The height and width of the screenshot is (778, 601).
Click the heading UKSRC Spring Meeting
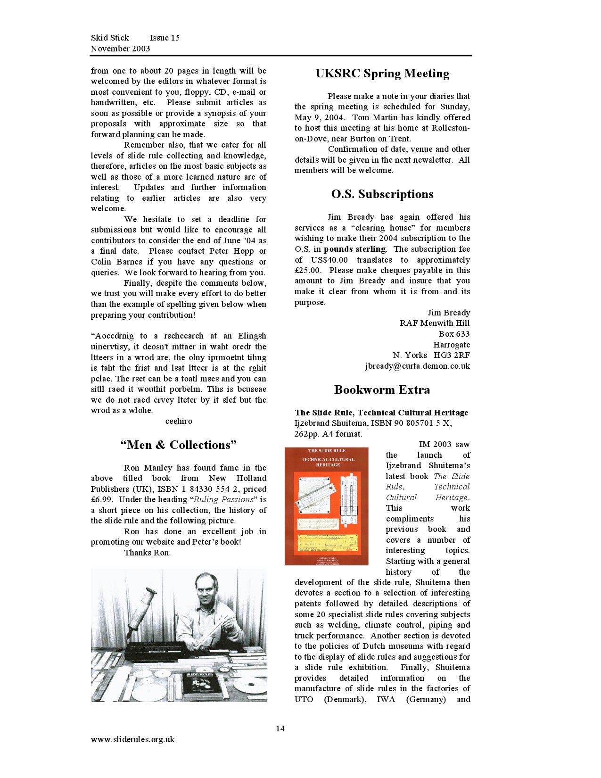pos(382,74)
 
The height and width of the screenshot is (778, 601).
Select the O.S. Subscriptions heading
pos(382,194)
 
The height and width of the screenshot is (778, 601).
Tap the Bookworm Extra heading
pos(382,390)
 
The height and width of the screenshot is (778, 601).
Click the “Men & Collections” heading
pos(178,445)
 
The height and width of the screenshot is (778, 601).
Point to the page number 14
pos(280,729)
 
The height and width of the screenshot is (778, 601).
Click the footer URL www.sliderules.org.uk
pos(132,739)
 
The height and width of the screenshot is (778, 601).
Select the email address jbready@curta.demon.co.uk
pos(417,366)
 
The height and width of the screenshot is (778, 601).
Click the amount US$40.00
pos(329,260)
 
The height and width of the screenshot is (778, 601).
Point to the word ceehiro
pos(179,421)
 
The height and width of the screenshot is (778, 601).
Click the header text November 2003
pos(120,49)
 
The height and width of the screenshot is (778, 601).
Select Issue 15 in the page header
pos(165,38)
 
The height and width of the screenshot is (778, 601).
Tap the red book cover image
pos(326,506)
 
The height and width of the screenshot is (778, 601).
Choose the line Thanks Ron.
pos(147,553)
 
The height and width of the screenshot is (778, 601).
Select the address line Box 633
pos(454,334)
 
